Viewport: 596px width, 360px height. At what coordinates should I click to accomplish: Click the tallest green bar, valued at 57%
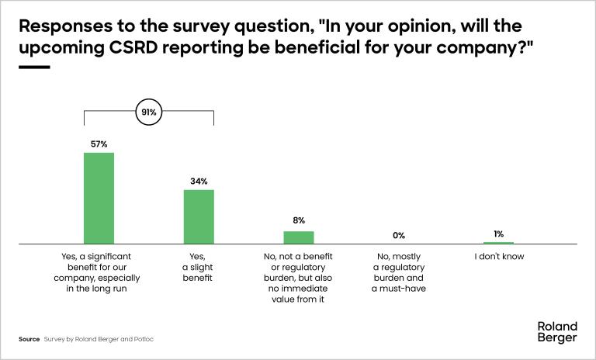point(99,198)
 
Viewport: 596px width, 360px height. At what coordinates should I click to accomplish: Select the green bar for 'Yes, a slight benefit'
point(199,216)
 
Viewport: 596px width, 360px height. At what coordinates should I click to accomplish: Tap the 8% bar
point(299,237)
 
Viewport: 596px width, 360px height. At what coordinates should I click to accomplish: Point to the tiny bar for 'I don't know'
point(498,243)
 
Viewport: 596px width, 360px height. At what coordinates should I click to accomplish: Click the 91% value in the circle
point(148,112)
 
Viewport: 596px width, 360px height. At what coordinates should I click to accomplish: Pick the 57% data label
point(99,144)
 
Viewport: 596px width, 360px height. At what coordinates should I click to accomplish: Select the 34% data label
point(199,182)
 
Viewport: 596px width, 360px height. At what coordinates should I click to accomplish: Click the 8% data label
point(299,221)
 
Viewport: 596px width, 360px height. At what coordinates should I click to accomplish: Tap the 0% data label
point(399,234)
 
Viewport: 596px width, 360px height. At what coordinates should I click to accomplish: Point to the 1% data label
point(498,233)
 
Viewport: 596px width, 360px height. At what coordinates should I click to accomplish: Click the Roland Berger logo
point(557,332)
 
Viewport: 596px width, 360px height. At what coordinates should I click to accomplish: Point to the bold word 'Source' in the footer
point(29,340)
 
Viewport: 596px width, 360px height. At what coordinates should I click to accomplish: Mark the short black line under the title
point(33,67)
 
